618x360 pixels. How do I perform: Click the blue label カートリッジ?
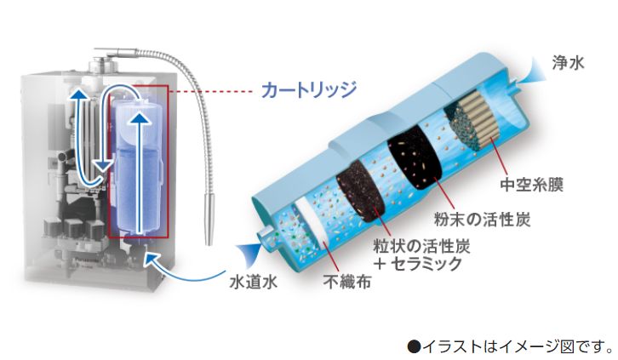click(309, 90)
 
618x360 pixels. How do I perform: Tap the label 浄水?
click(568, 63)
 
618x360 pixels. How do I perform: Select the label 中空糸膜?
click(531, 184)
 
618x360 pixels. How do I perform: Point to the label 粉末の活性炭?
click(482, 219)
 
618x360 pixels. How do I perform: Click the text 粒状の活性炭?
click(421, 247)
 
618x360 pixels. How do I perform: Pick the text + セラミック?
click(417, 263)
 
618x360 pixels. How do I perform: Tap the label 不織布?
click(346, 281)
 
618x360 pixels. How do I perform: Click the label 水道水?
click(254, 282)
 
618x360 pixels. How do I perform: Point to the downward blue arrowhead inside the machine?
click(102, 165)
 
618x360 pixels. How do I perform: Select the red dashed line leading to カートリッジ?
click(210, 92)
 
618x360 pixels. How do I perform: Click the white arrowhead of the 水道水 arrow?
click(152, 258)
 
